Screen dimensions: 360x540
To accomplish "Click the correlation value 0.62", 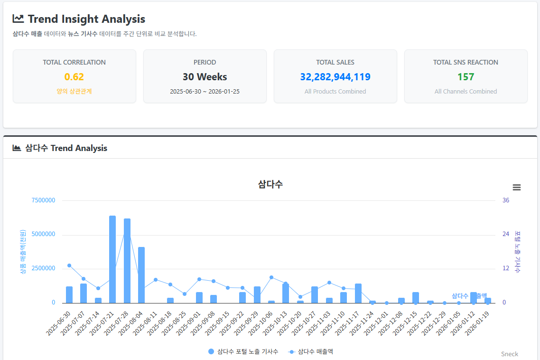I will pos(74,77).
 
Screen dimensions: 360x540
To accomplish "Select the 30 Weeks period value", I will pos(205,77).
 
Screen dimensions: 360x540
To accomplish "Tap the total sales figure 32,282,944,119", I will pos(335,77).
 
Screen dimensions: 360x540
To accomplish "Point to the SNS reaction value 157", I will pos(466,77).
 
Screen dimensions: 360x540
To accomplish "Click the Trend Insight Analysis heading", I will pos(86,19).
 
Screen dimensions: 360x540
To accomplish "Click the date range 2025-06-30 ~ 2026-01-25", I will pos(205,91).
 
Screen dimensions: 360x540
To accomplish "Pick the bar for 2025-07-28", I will pos(127,261).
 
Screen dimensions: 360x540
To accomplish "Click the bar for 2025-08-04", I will pos(141,275).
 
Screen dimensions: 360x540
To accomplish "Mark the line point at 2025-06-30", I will pos(69,265).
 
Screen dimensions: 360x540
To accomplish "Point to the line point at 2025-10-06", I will pos(271,277).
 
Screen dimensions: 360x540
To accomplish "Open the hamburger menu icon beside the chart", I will pos(517,188).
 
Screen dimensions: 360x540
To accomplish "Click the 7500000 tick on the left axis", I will pos(43,200).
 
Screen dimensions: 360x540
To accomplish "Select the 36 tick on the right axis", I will pos(506,200).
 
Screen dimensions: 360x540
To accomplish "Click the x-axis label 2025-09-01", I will pos(189,323).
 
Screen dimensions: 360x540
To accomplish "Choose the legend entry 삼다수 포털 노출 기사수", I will pos(243,351).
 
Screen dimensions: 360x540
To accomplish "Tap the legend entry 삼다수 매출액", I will pos(311,351).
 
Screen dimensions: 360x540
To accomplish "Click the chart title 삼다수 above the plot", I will pos(270,184).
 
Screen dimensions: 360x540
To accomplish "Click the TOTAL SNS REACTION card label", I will pos(466,62).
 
